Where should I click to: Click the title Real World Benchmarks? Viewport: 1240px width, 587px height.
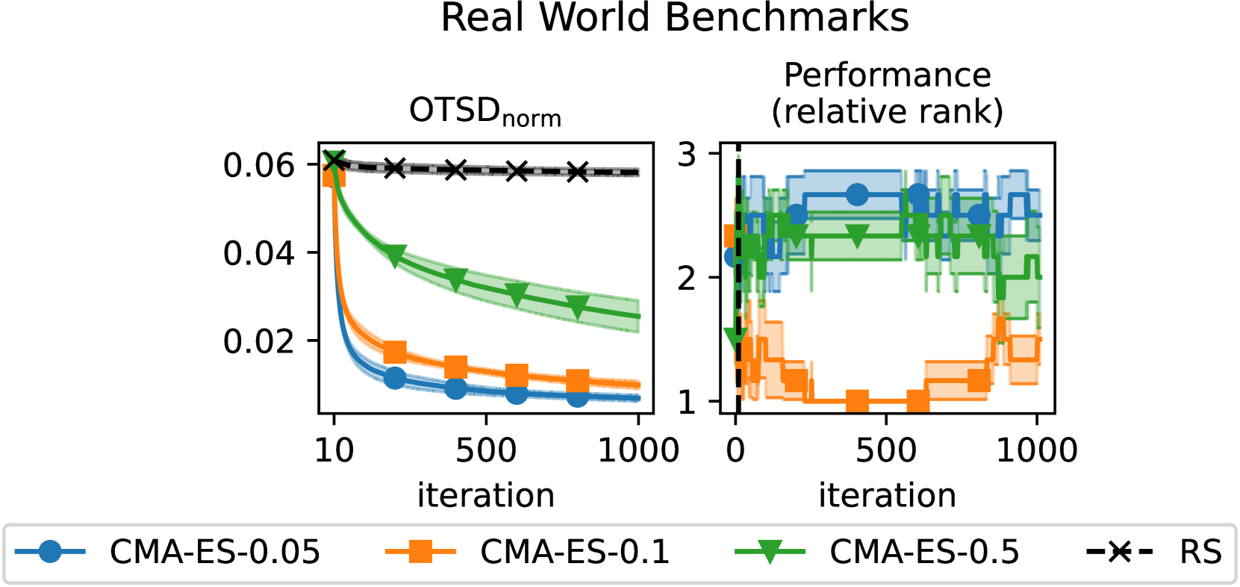tap(674, 18)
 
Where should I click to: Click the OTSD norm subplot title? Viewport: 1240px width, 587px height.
tap(485, 112)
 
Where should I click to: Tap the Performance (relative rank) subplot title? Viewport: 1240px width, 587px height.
tap(887, 93)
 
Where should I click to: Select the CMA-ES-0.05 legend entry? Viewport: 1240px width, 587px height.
tap(168, 553)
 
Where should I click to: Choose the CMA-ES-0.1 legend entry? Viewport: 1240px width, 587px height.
tap(527, 553)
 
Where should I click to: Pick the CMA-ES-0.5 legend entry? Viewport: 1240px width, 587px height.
tap(877, 553)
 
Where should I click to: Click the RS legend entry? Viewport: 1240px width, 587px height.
tap(1154, 553)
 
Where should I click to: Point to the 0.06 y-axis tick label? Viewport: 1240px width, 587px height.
tap(259, 165)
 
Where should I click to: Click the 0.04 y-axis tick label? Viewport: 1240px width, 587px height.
tap(259, 253)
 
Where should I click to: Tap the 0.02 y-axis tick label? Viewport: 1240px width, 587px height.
tap(259, 341)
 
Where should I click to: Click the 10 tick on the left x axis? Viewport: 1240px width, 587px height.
tap(334, 450)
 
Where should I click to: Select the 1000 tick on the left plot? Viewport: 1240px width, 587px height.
tap(638, 450)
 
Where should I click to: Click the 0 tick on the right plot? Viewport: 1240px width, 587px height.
tap(736, 450)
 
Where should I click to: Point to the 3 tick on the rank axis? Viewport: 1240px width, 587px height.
tap(687, 155)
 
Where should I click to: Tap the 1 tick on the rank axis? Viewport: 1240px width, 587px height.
tap(687, 403)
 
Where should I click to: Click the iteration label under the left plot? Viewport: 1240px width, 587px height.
tap(485, 495)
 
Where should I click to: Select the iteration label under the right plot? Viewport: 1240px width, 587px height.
tap(887, 495)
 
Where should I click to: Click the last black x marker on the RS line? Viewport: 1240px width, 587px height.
tap(577, 172)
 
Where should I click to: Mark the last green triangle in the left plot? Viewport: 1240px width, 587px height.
tap(577, 306)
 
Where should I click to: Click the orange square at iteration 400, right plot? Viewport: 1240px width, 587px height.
tap(857, 402)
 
